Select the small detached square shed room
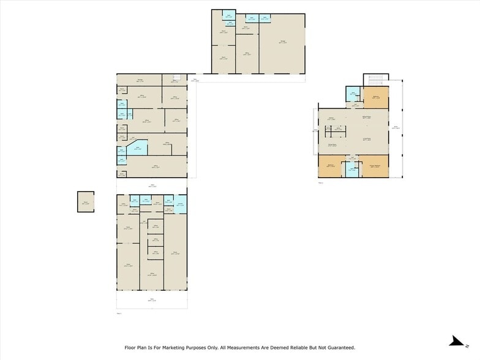tap(86, 201)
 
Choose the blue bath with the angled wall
tap(138, 147)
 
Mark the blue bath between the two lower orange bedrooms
tap(351, 168)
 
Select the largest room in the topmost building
tap(282, 42)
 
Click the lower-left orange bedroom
tap(331, 166)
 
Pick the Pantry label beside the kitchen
tap(338, 129)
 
